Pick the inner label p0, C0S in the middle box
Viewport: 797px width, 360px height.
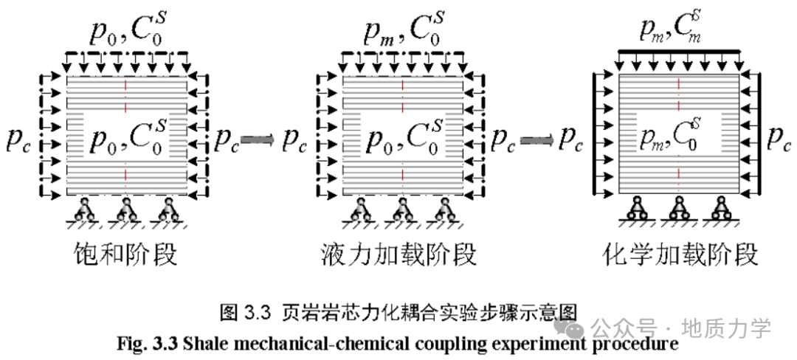(402, 138)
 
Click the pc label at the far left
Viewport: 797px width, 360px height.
(19, 139)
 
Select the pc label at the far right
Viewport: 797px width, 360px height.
(779, 139)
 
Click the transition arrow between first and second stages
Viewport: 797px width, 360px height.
(256, 139)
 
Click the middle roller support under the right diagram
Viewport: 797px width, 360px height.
(680, 210)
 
